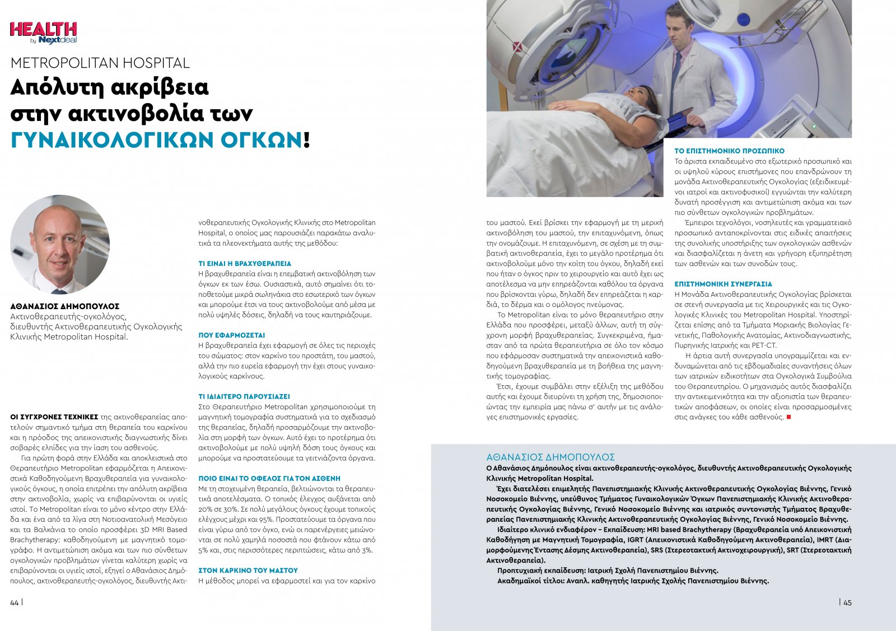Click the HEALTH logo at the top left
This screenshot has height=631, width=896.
[x=43, y=32]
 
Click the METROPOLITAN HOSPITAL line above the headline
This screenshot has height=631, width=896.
[x=100, y=63]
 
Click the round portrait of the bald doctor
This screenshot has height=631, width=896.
[x=60, y=245]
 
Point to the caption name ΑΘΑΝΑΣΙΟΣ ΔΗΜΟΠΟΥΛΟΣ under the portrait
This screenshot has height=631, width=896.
[x=65, y=306]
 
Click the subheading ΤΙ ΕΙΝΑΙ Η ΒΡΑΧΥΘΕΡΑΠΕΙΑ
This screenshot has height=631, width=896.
[x=245, y=263]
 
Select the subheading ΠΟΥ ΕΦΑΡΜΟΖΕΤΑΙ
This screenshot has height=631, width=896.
[x=232, y=335]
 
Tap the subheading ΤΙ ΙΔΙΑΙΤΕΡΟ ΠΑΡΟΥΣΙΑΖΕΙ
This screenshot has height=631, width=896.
[x=244, y=396]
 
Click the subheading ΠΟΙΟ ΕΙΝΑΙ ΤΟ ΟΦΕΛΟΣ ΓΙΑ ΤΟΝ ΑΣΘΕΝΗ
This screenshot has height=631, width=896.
[x=269, y=479]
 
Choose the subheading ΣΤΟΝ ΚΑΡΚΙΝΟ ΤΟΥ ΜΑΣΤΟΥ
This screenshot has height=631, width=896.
[x=248, y=571]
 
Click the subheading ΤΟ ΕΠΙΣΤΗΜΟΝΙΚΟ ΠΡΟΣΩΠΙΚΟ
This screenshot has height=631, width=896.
[x=729, y=151]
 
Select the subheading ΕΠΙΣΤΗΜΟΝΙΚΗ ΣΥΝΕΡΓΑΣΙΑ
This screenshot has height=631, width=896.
[x=723, y=284]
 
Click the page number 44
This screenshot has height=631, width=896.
[x=14, y=602]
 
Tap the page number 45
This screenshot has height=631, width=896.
[x=847, y=602]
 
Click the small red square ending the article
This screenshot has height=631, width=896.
[x=789, y=417]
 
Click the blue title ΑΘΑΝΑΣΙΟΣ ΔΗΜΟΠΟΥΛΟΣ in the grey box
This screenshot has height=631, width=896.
[x=550, y=457]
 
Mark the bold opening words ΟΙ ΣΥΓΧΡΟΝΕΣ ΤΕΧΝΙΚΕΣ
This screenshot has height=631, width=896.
[x=54, y=417]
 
